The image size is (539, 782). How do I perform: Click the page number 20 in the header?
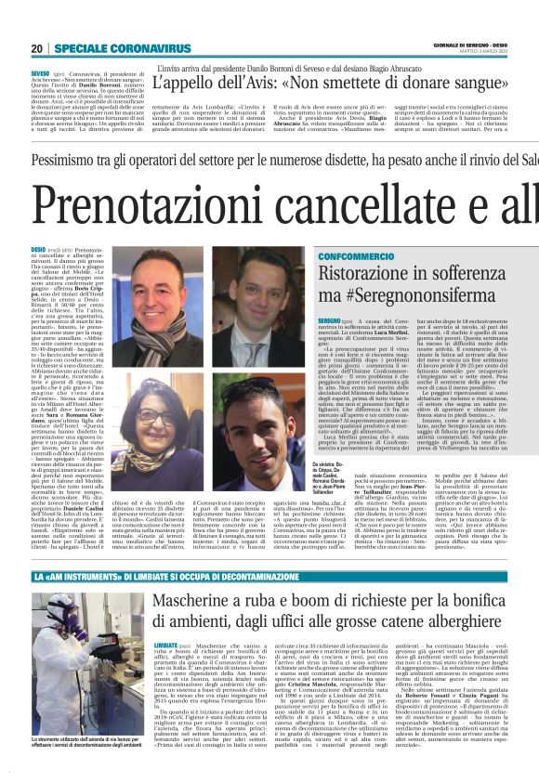36,48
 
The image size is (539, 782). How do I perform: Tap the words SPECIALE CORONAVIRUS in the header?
109,48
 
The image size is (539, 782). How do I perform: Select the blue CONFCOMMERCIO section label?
355,254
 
